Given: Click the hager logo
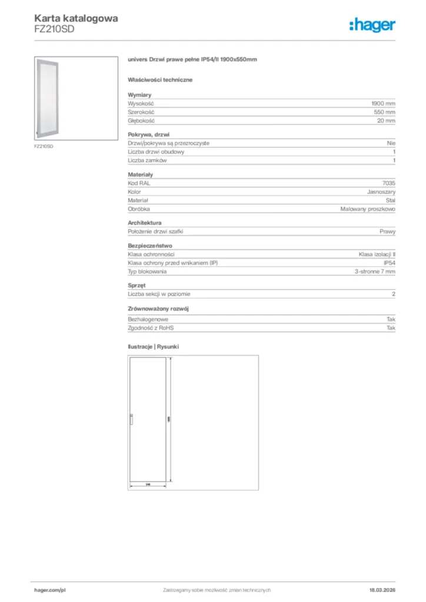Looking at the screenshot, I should pos(372,25).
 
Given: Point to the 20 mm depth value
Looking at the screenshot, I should pos(387,121).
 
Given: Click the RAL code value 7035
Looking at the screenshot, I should pos(389,183).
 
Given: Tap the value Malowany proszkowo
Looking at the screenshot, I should pos(368,209).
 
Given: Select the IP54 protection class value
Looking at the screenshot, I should pos(389,263).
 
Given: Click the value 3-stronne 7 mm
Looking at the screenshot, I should pos(375,272).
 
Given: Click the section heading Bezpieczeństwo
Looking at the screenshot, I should pos(150,246).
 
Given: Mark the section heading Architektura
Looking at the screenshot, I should pos(145,223).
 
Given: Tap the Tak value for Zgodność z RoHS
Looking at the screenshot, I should pos(391,328).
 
